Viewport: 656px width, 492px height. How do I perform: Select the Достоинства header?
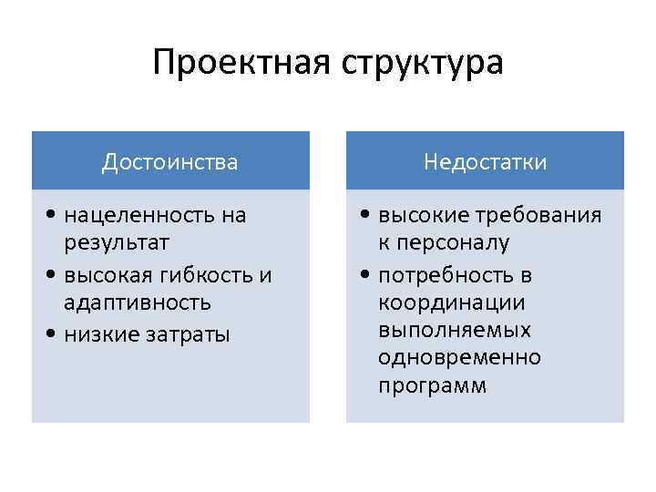(x=170, y=162)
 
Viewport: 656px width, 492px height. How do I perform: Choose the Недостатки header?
(x=485, y=162)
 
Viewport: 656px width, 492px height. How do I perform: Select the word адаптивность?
(x=138, y=302)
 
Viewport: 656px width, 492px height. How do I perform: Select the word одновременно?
(x=459, y=357)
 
